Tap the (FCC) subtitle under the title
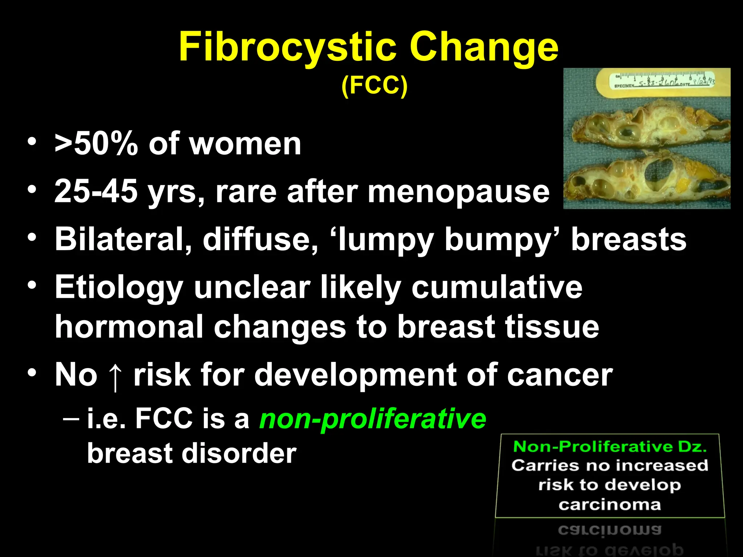tap(374, 86)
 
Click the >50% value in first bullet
tap(96, 144)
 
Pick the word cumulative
tap(497, 287)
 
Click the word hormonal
tap(129, 327)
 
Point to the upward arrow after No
tap(115, 376)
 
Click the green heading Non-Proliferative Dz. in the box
tap(610, 447)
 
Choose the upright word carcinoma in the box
tap(610, 504)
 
